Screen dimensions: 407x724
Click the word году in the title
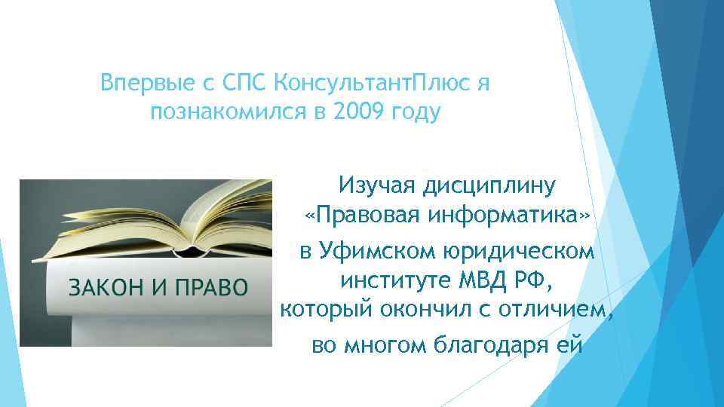coord(413,113)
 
